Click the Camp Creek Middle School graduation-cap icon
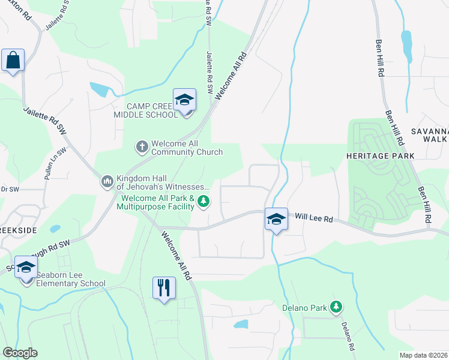click(x=184, y=100)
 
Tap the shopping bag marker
click(x=13, y=61)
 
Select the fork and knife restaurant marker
click(x=164, y=288)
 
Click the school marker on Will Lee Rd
click(x=276, y=219)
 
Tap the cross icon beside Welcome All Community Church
click(x=142, y=146)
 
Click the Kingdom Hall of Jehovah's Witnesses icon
click(x=107, y=181)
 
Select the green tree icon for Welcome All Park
click(x=204, y=201)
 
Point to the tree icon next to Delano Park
click(x=336, y=308)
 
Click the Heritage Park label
click(x=380, y=156)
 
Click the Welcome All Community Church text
click(x=187, y=148)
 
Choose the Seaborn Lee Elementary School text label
click(x=71, y=280)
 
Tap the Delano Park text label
click(x=304, y=308)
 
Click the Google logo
click(x=20, y=353)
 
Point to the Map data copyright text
click(x=424, y=355)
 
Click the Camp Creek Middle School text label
click(x=146, y=110)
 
